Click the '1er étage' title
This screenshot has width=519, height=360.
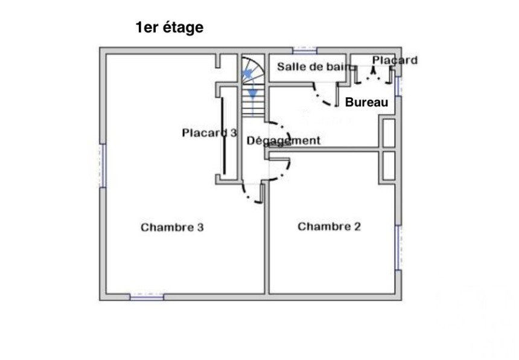pos(170,28)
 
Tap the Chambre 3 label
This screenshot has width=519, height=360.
pos(172,227)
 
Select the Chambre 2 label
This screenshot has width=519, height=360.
pos(329,227)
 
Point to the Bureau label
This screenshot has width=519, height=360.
pos(366,102)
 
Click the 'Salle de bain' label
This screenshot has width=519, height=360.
pos(314,66)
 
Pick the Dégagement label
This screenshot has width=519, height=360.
pos(283,141)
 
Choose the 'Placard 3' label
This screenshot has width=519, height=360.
pos(209,133)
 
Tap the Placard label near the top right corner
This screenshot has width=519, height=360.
pos(395,60)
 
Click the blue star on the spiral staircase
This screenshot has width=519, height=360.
pos(247,74)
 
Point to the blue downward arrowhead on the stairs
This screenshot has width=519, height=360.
pos(253,94)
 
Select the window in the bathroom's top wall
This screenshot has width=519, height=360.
pos(305,51)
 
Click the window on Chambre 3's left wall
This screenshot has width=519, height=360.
pos(103,166)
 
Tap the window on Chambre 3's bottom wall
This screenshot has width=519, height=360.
pos(147,297)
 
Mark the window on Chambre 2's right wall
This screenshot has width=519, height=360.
pos(398,248)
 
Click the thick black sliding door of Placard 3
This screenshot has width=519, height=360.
pos(223,136)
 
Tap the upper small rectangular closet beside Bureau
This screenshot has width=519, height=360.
pos(389,132)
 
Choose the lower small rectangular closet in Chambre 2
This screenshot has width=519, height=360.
pos(389,166)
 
